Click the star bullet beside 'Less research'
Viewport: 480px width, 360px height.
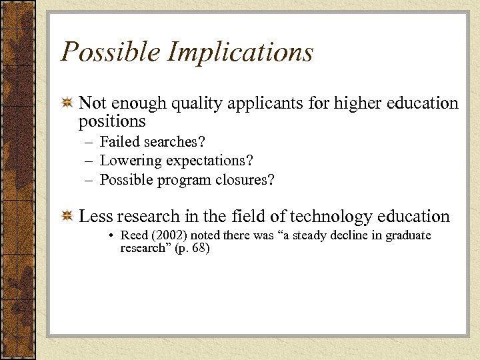[67, 217]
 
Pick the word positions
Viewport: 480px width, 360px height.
[112, 121]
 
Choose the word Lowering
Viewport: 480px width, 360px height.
[131, 161]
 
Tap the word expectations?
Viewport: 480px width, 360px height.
[209, 161]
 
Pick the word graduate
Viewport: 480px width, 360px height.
[408, 235]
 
